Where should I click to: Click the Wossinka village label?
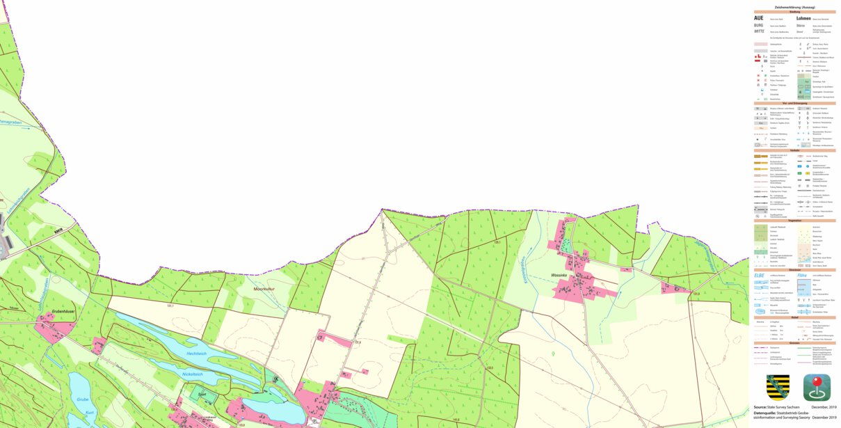coord(559,276)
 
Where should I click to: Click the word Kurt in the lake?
coord(90,412)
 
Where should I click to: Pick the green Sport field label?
coord(202,394)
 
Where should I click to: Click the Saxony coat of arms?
coord(777,387)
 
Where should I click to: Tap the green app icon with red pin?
coord(817,387)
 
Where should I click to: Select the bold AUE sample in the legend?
coord(759,18)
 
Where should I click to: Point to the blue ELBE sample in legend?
coord(760,276)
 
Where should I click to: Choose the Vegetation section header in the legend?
coord(795,220)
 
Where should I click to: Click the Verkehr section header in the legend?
coord(795,150)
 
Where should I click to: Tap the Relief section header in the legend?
coord(795,317)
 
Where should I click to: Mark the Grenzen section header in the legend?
coord(795,342)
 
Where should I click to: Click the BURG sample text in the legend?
coord(758,25)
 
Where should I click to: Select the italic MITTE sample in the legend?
coord(759,32)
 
